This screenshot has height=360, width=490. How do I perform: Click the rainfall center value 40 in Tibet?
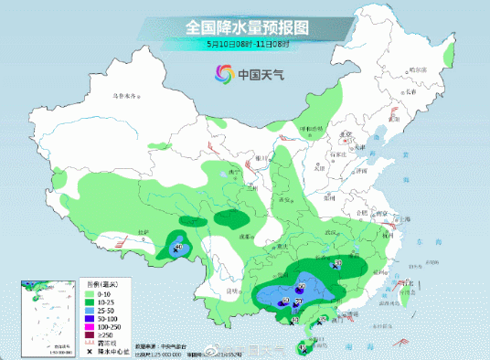(178, 247)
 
